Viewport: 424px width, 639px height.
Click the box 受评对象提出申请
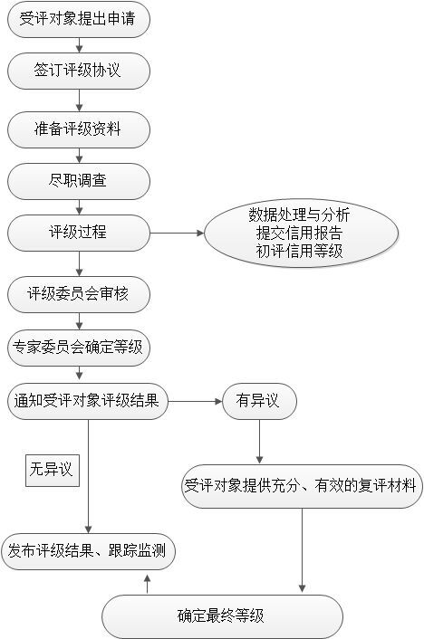79,19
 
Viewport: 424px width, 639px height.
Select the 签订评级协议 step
79,71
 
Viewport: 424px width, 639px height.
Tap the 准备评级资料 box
79,129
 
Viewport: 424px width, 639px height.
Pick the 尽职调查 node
79,181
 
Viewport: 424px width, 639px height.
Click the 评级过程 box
79,234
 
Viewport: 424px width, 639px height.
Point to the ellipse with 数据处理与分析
301,234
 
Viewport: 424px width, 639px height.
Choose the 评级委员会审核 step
79,294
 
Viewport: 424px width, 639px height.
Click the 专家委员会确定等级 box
79,348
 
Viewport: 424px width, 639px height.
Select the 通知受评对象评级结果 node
88,402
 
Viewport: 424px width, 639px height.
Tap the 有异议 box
259,402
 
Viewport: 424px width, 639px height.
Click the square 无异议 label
53,471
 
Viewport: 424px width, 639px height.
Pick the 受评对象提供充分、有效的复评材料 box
302,486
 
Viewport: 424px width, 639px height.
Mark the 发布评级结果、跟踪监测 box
88,551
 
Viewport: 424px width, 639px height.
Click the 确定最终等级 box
222,616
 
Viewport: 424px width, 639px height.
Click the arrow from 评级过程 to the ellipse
177,234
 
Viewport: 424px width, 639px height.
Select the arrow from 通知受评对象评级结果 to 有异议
195,402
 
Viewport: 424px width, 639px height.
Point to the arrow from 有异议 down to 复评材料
259,442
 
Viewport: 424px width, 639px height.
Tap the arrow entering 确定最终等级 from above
302,550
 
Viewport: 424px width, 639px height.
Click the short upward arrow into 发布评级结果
148,584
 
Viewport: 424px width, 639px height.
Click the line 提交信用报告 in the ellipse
300,233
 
